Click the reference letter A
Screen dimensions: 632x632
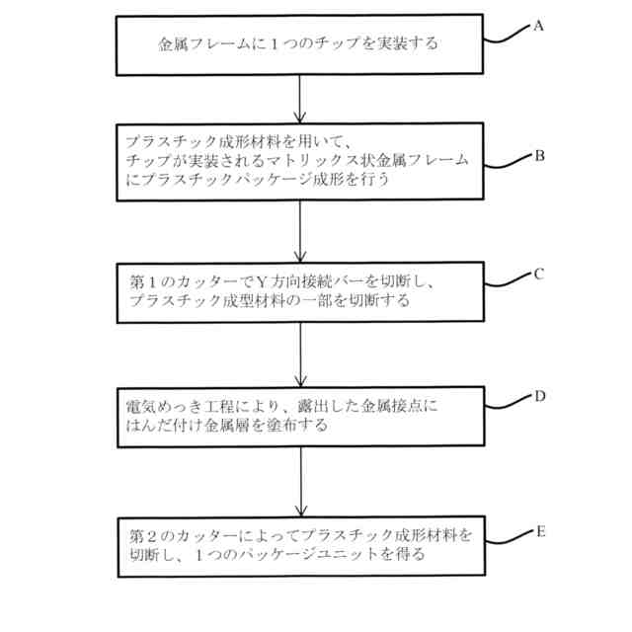click(538, 27)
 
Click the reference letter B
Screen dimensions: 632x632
click(539, 155)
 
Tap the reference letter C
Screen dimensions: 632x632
click(539, 275)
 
